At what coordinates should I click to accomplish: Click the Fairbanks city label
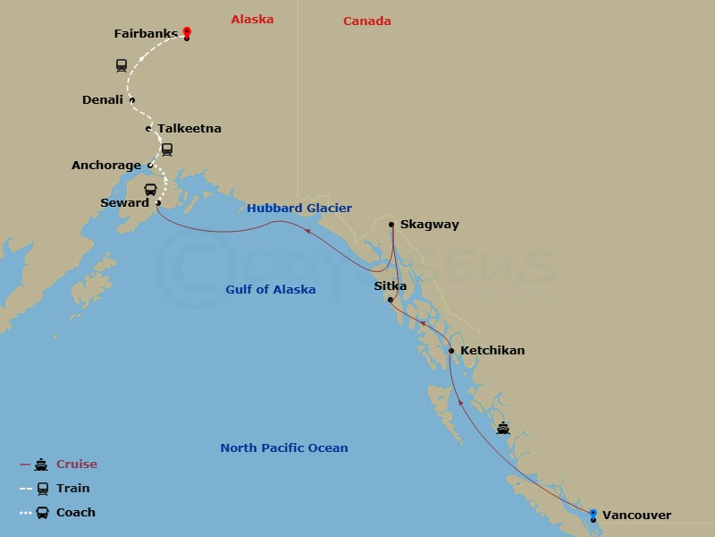146,34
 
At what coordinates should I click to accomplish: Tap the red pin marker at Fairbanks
187,32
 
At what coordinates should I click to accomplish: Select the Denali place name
102,100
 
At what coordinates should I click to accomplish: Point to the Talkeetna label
189,129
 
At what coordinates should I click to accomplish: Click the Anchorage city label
106,166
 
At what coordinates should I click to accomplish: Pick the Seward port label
124,203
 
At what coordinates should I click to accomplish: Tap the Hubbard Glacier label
299,209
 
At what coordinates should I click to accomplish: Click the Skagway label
429,225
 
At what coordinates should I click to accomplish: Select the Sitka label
390,286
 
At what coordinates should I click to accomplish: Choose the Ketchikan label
492,351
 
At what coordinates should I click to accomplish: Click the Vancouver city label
636,515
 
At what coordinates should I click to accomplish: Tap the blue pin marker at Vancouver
593,514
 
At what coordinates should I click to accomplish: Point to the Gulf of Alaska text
270,290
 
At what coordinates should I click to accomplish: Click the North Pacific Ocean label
284,448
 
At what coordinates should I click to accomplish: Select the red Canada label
367,21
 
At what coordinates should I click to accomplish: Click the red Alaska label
252,20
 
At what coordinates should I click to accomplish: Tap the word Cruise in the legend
77,465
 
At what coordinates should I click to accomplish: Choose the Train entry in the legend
73,489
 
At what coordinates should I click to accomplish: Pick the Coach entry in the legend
76,513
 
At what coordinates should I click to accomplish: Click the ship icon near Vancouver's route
504,428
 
